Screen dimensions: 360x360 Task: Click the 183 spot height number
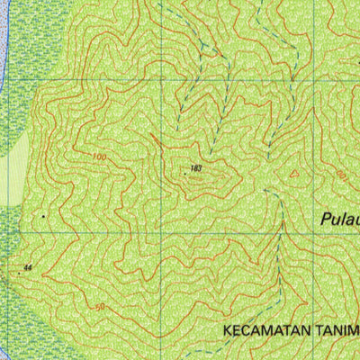click(195, 168)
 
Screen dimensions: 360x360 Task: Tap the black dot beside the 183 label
click(186, 169)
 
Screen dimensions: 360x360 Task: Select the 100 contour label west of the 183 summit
click(98, 158)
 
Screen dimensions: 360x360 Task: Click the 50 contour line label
click(99, 308)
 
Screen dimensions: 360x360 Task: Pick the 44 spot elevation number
click(28, 268)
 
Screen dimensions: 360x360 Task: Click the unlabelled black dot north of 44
click(43, 217)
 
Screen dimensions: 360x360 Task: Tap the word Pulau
click(339, 219)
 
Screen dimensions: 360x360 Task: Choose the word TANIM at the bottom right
click(336, 330)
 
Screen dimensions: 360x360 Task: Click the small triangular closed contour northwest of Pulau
click(292, 173)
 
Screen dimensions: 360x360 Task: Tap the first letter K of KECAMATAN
click(227, 330)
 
